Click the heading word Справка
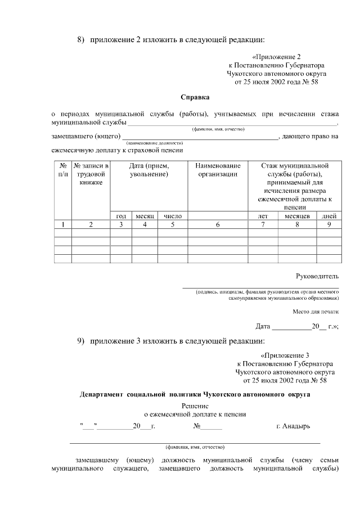click(x=194, y=97)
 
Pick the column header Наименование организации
click(x=218, y=170)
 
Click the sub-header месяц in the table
click(x=145, y=216)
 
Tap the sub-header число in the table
click(x=173, y=216)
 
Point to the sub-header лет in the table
click(x=262, y=216)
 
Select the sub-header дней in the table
click(x=328, y=216)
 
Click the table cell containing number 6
click(x=218, y=225)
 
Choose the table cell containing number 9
click(x=328, y=225)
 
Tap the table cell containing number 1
click(x=62, y=225)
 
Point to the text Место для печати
click(x=316, y=311)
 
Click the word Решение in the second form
click(x=195, y=406)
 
